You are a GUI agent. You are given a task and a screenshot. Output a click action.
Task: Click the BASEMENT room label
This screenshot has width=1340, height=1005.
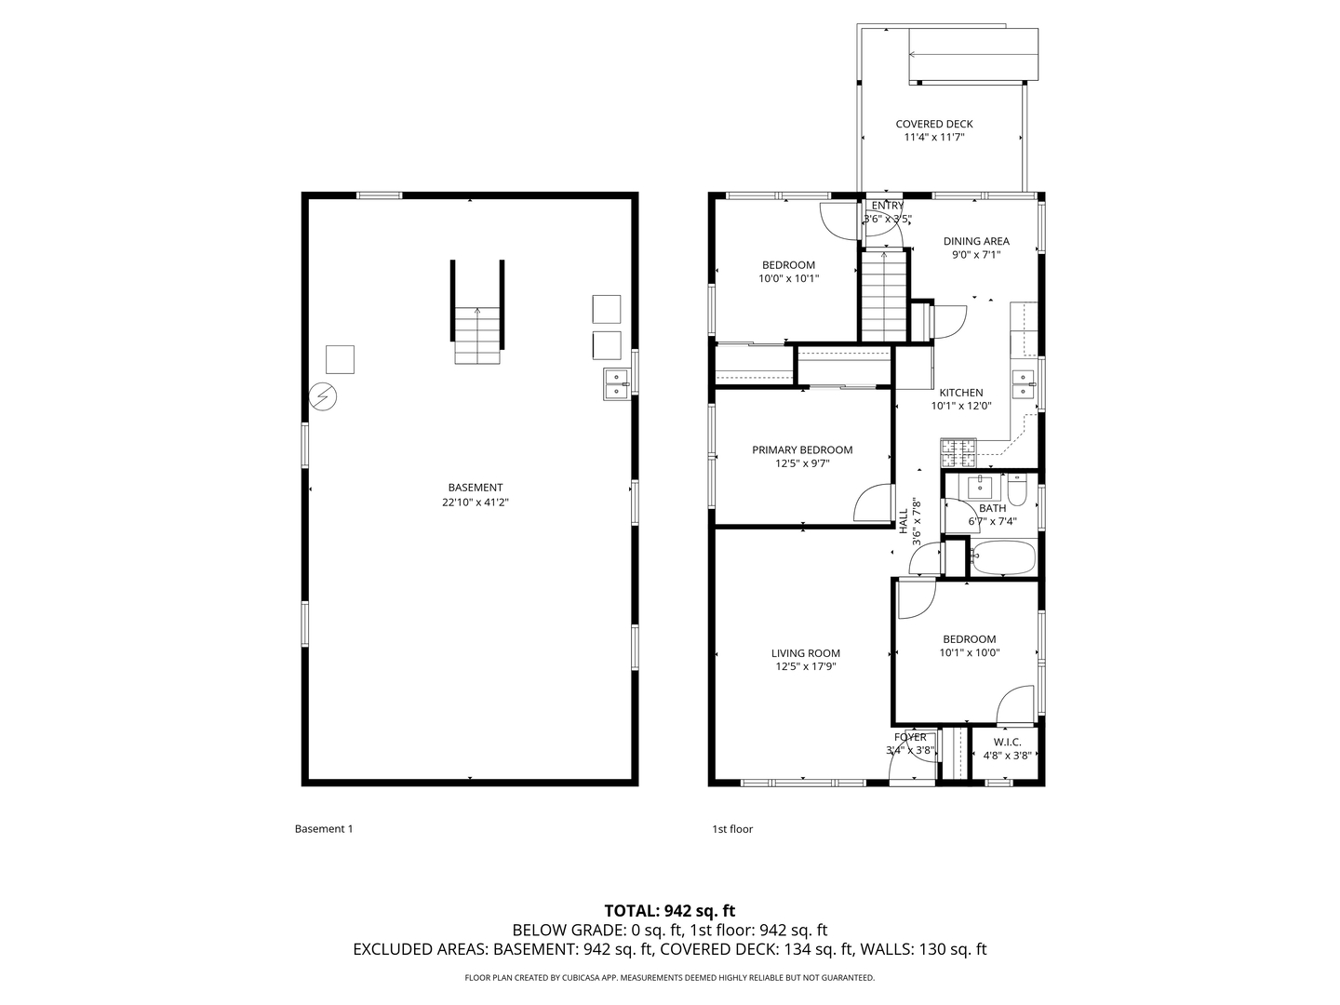point(475,488)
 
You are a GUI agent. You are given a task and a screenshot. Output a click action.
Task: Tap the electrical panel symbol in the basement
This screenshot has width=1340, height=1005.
point(322,396)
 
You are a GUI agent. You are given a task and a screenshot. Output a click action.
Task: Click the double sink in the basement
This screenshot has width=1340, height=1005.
point(617,384)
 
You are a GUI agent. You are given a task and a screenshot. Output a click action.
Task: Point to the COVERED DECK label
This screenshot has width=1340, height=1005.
point(934,124)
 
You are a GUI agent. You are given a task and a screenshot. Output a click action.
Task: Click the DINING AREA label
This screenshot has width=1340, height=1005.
point(976,241)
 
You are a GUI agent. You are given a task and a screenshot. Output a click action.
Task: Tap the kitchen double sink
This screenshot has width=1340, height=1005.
point(1024,384)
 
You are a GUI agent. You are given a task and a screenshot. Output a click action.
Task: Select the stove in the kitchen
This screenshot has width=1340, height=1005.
point(958,453)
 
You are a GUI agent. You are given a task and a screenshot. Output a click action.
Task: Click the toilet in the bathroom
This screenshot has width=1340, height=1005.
point(1017,489)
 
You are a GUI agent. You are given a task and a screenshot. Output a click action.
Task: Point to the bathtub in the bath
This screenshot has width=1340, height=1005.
point(1004,557)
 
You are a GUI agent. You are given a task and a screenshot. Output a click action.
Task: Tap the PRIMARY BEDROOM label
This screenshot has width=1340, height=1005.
point(802,449)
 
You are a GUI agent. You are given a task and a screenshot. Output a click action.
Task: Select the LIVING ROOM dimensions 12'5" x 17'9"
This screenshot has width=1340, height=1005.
point(806,666)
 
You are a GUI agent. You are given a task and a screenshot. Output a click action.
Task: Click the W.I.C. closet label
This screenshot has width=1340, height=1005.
point(1007,742)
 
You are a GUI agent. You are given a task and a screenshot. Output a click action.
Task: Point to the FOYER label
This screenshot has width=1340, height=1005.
point(910,737)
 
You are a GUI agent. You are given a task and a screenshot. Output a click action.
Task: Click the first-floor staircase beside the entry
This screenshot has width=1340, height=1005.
point(883,297)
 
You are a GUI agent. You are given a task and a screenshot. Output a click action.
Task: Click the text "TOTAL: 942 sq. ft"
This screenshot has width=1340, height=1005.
point(670,911)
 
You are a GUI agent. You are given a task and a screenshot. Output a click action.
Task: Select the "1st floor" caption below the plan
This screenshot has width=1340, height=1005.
point(732,828)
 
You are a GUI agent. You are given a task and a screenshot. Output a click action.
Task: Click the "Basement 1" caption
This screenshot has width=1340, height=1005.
point(324,828)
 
